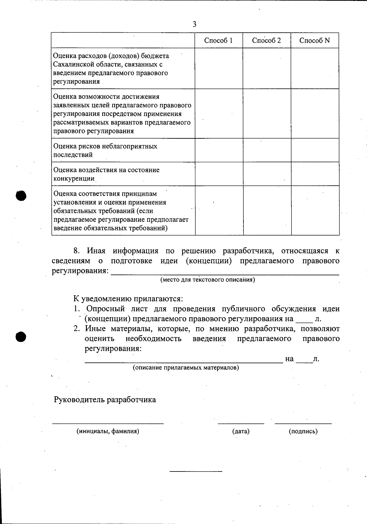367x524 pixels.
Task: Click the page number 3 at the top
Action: [x=195, y=24]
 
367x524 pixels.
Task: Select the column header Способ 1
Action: [x=218, y=41]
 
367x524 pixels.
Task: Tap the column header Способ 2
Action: [x=266, y=41]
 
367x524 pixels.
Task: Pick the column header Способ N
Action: [x=315, y=41]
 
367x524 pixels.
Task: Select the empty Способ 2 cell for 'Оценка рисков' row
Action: [x=267, y=150]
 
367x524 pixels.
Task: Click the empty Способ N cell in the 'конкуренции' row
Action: [x=315, y=174]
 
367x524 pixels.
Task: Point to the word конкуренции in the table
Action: [x=74, y=178]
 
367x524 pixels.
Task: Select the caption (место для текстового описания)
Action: [x=208, y=280]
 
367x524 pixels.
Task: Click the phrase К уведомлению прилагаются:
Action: [x=128, y=299]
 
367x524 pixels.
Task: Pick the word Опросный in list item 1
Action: [x=105, y=309]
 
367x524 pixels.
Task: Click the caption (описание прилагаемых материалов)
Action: [x=186, y=368]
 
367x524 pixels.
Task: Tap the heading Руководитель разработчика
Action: [x=105, y=400]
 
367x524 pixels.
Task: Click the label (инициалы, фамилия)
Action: [x=108, y=431]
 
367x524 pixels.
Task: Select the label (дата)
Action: [x=241, y=431]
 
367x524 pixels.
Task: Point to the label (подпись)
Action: [x=303, y=431]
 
